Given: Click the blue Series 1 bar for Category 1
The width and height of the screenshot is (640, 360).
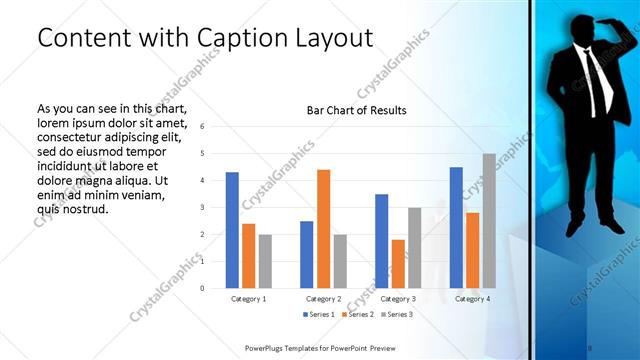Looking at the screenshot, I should [232, 230].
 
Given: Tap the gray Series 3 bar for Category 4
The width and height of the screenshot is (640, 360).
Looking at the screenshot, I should [489, 221].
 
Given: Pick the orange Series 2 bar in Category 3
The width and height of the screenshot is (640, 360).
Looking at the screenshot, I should [398, 264].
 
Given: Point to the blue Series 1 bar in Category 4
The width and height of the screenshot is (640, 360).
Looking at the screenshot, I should [456, 228].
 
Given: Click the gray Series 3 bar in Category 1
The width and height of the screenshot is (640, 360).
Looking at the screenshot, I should [265, 261].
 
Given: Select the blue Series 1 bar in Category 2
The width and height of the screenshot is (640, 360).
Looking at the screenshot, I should [306, 254].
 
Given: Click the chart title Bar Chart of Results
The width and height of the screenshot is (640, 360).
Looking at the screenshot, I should [356, 110].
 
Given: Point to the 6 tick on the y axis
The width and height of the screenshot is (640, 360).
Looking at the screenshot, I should [203, 127].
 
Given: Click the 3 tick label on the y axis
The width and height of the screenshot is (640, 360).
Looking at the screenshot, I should [203, 208].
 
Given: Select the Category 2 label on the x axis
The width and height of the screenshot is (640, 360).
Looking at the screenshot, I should [323, 299].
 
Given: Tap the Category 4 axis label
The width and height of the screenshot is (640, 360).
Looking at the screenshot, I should [472, 299].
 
